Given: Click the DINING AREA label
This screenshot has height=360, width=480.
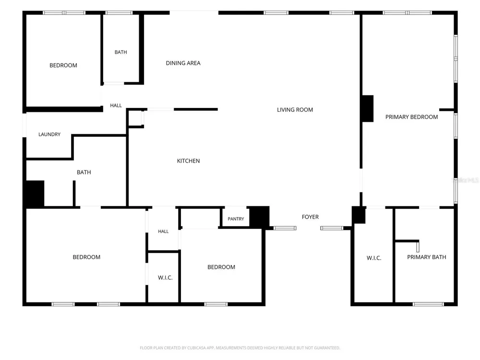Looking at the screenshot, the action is click(x=183, y=63).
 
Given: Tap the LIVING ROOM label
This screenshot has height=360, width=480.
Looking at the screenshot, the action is click(x=295, y=109).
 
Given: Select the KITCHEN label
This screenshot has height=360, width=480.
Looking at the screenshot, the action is click(x=188, y=161).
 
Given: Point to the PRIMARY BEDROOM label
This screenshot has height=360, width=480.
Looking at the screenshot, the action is click(x=411, y=117).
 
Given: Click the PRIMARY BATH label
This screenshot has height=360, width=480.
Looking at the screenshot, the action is click(x=426, y=257).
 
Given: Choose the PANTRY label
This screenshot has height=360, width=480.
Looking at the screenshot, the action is click(x=236, y=219).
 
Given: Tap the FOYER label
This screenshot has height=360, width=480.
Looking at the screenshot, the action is click(x=310, y=217).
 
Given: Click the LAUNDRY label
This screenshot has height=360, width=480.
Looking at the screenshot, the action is click(x=49, y=134).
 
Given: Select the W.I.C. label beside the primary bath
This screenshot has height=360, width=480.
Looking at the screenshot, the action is click(x=374, y=258).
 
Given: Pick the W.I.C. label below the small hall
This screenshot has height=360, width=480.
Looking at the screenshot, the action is click(x=165, y=277).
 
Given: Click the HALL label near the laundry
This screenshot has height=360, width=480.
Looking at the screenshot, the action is click(x=116, y=106).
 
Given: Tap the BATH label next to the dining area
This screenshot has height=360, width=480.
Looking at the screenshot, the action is click(x=120, y=52).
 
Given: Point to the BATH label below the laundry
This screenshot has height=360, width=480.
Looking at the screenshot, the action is click(x=84, y=172).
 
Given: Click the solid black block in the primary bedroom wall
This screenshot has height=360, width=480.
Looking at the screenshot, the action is click(x=368, y=108).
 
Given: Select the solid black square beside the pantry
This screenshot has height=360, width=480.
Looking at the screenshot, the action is click(x=260, y=217).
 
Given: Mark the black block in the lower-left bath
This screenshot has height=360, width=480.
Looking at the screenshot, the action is click(x=35, y=193).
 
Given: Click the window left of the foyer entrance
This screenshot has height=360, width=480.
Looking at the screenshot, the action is click(x=285, y=228).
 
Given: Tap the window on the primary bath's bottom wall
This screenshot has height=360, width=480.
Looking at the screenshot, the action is click(x=428, y=304).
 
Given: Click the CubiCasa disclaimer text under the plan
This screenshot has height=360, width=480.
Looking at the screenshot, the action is click(x=240, y=348).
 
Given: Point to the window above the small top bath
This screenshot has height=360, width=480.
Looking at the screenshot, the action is click(x=119, y=13).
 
